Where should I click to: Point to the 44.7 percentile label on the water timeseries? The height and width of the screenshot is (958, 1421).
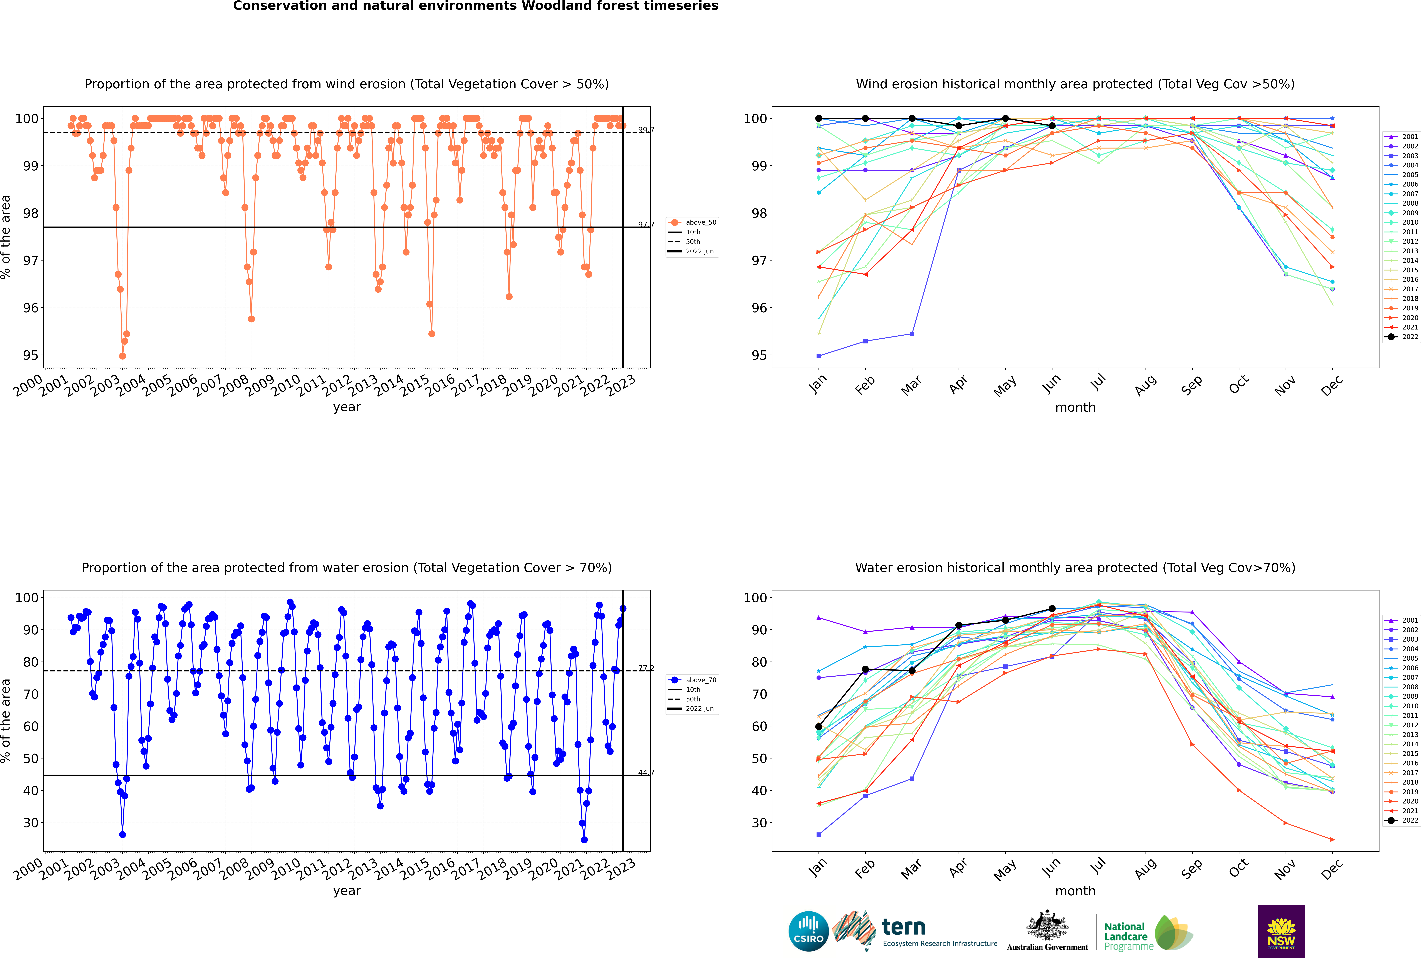coord(646,773)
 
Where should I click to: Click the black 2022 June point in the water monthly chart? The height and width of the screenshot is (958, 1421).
coord(1052,608)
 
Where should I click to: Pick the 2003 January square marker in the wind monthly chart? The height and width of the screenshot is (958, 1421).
coord(819,356)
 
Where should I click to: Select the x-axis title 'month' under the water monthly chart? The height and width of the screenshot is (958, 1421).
coord(1075,891)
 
